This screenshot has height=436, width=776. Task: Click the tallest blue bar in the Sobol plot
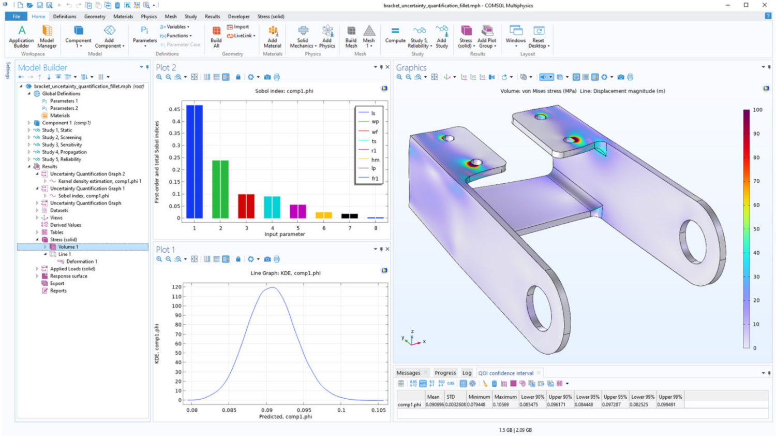pyautogui.click(x=195, y=162)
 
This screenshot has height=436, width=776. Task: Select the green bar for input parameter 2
pyautogui.click(x=220, y=189)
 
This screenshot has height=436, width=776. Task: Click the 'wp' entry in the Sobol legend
pyautogui.click(x=375, y=122)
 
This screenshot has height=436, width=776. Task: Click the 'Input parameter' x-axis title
pyautogui.click(x=285, y=235)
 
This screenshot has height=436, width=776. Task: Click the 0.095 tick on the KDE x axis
pyautogui.click(x=304, y=410)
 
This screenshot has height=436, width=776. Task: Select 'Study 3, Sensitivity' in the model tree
pyautogui.click(x=62, y=145)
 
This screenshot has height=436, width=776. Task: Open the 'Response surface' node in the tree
pyautogui.click(x=68, y=277)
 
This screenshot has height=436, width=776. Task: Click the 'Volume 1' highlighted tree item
pyautogui.click(x=68, y=247)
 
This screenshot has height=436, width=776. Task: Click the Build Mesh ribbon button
pyautogui.click(x=351, y=36)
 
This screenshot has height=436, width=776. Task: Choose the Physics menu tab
pyautogui.click(x=148, y=17)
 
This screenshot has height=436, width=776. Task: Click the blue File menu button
pyautogui.click(x=17, y=17)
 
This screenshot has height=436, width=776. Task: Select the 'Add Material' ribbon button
pyautogui.click(x=272, y=36)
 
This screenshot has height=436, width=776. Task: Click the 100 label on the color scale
pyautogui.click(x=757, y=110)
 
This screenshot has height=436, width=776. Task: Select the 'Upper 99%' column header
pyautogui.click(x=670, y=397)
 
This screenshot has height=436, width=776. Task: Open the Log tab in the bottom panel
pyautogui.click(x=467, y=373)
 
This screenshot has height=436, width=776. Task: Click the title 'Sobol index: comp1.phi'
pyautogui.click(x=284, y=91)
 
